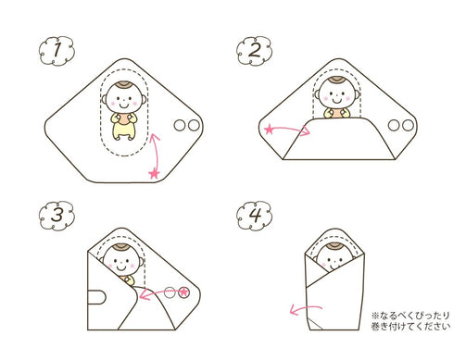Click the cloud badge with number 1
point(57,51)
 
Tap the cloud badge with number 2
point(254,51)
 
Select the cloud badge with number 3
point(57,216)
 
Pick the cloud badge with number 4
point(254,216)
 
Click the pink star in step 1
point(154,174)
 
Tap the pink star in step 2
point(269,130)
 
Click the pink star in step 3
point(184,292)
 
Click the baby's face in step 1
point(123,99)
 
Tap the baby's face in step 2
point(337,95)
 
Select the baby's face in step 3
point(121,262)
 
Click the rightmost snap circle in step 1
point(194,126)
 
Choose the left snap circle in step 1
point(180,126)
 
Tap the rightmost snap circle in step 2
point(408,125)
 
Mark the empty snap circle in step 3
point(170,292)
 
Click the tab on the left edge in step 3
point(96,297)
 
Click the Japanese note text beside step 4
point(410,321)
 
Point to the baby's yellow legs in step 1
point(123,132)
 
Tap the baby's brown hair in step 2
point(337,81)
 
